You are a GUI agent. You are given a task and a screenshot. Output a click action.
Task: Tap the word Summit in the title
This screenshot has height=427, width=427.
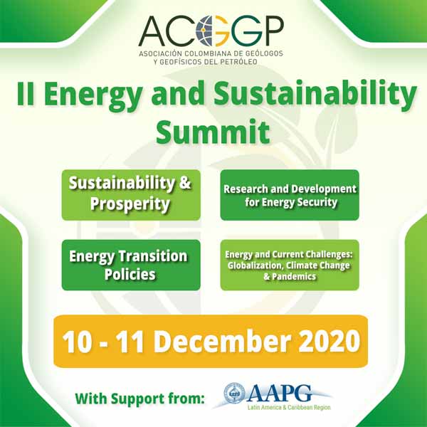pos(213,132)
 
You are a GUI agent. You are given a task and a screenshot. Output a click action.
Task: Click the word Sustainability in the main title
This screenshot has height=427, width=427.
pos(315,95)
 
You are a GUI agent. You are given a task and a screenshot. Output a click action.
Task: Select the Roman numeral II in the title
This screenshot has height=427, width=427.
pos(26,93)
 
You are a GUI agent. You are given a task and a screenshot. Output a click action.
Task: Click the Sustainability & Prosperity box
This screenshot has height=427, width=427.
pos(131,195)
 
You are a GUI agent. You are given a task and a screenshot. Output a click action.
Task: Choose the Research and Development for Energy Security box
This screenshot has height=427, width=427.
pos(290,195)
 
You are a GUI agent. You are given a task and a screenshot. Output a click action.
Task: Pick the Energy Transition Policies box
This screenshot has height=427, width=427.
pos(131,265)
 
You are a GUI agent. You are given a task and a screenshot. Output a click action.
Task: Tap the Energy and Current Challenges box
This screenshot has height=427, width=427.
pos(290,265)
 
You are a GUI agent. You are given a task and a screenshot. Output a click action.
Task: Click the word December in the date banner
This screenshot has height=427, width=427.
pos(221,341)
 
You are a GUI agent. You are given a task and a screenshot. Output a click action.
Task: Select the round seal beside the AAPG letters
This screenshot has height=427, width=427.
pos(234,394)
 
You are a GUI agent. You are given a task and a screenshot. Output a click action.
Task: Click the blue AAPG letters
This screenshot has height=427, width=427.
pos(279,394)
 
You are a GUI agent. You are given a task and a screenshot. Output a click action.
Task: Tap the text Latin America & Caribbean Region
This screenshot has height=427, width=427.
pos(289,408)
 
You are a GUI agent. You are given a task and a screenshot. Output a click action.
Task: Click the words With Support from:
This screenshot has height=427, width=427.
pos(139,399)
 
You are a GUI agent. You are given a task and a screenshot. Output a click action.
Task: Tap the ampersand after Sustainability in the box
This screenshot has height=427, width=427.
pos(185,182)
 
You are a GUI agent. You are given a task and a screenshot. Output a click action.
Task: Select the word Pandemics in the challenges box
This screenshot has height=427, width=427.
pos(293,277)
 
